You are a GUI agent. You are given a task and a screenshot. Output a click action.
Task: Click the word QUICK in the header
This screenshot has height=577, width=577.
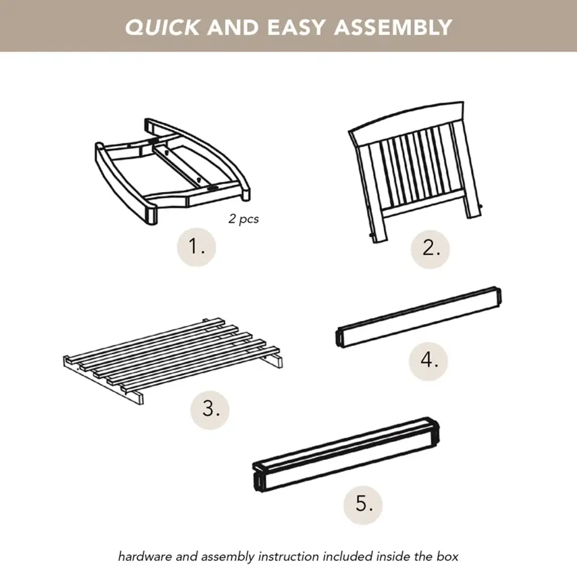[162, 27]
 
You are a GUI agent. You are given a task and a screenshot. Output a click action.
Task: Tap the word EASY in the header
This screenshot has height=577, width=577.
[296, 27]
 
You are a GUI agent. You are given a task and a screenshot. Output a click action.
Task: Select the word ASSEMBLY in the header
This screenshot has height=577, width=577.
[393, 27]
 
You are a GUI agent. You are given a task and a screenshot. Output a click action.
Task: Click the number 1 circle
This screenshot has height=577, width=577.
[197, 247]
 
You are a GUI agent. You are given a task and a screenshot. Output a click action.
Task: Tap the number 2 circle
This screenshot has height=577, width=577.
[430, 249]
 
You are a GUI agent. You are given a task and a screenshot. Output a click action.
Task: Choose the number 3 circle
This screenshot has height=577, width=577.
[210, 410]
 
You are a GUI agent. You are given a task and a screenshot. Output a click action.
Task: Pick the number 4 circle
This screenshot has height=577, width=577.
[428, 361]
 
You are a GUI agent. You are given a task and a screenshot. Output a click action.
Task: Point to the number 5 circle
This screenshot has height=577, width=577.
[363, 505]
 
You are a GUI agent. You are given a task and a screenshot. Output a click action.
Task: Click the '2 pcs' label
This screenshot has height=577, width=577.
[243, 219]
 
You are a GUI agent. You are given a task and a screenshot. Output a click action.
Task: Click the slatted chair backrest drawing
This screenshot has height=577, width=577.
[414, 173]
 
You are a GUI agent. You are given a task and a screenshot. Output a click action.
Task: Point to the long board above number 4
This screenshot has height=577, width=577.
[419, 317]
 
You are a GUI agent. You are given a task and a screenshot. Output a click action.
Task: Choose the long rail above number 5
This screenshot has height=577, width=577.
[346, 455]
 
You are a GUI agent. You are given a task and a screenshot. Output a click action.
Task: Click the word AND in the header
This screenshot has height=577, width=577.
[233, 27]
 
